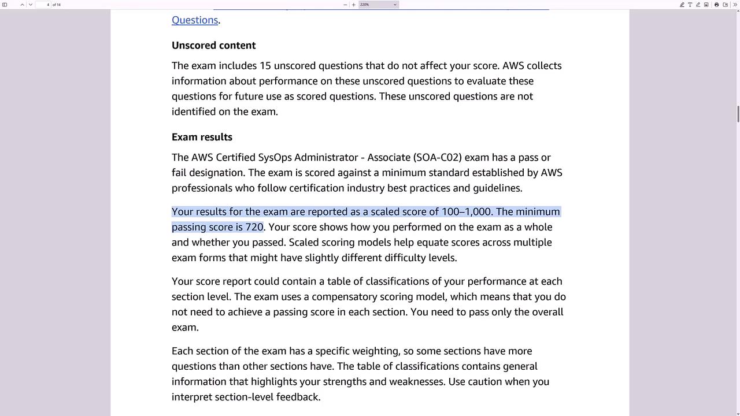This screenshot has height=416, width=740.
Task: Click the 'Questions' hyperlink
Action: point(194,20)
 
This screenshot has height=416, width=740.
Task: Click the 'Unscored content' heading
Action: point(213,46)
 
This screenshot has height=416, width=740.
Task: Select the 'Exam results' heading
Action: point(202,138)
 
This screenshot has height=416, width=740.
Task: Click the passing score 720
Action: point(254,227)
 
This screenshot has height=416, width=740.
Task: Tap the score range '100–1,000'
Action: point(466,212)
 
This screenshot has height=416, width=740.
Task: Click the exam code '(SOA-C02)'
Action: point(437,158)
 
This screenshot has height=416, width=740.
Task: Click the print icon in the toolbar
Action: point(716,5)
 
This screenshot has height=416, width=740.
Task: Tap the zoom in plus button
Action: point(354,5)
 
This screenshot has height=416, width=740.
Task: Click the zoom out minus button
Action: point(345,5)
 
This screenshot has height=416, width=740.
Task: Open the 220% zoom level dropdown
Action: point(378,5)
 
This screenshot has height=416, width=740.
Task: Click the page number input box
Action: point(43,5)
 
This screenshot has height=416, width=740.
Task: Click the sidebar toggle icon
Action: point(5,5)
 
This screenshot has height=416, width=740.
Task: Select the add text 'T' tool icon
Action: point(690,5)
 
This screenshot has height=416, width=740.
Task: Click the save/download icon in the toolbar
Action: point(726,5)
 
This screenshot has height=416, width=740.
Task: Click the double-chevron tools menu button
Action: point(735,5)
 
